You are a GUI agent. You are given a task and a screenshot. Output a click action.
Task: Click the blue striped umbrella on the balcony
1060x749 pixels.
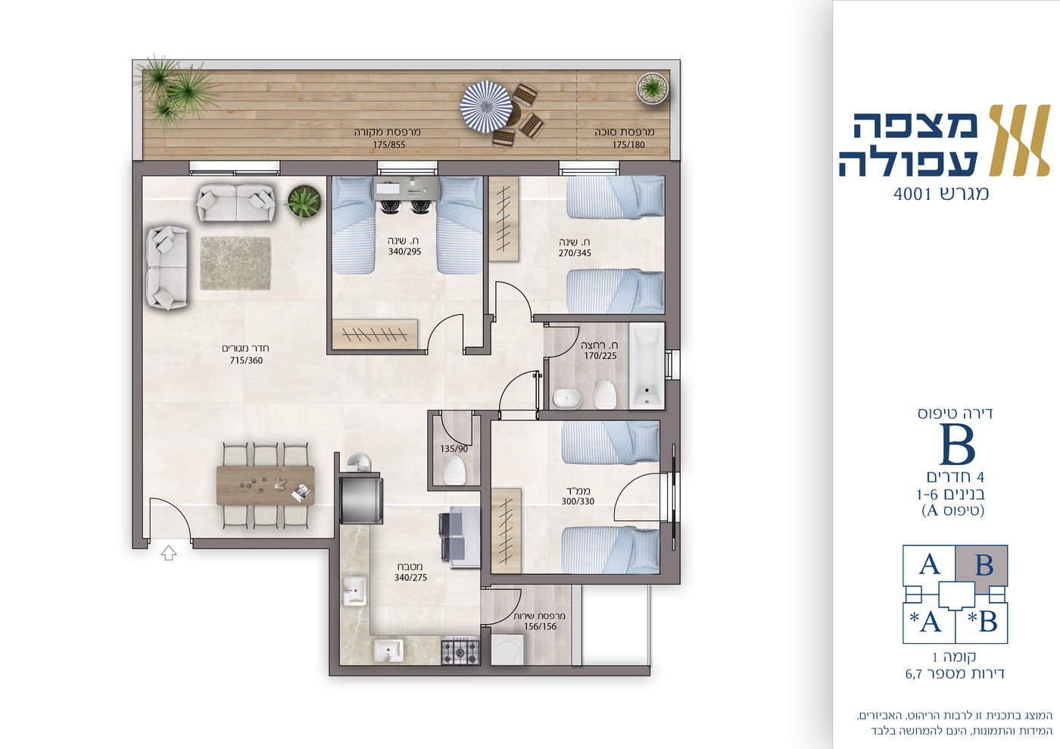(486, 105)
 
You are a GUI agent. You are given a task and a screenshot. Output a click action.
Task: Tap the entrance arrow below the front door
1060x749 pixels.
(169, 554)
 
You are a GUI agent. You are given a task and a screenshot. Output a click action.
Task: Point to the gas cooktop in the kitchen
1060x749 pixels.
(460, 651)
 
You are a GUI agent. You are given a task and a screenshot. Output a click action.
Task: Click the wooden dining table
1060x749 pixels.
(265, 485)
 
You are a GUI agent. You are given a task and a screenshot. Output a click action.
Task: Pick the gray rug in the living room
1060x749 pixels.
(235, 263)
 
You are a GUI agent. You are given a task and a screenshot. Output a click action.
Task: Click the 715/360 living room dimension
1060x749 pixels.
(246, 360)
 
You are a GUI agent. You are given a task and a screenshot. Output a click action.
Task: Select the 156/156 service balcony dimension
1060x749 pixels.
(540, 626)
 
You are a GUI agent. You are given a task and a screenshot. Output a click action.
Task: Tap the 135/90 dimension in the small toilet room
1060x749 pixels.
(454, 448)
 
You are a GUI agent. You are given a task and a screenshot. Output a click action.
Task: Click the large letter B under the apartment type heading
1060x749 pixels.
(957, 445)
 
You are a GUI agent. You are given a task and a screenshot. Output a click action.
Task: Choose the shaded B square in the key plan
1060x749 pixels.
(981, 565)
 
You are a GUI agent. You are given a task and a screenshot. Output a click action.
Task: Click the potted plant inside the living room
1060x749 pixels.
(302, 201)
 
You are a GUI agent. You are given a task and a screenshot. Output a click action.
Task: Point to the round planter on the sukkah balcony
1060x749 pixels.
(651, 87)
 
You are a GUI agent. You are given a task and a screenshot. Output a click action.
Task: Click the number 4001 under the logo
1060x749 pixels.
(911, 194)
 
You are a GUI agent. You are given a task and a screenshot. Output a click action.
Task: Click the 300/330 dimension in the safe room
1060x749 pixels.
(577, 501)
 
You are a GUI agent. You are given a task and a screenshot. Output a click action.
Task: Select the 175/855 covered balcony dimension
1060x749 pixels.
(388, 145)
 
